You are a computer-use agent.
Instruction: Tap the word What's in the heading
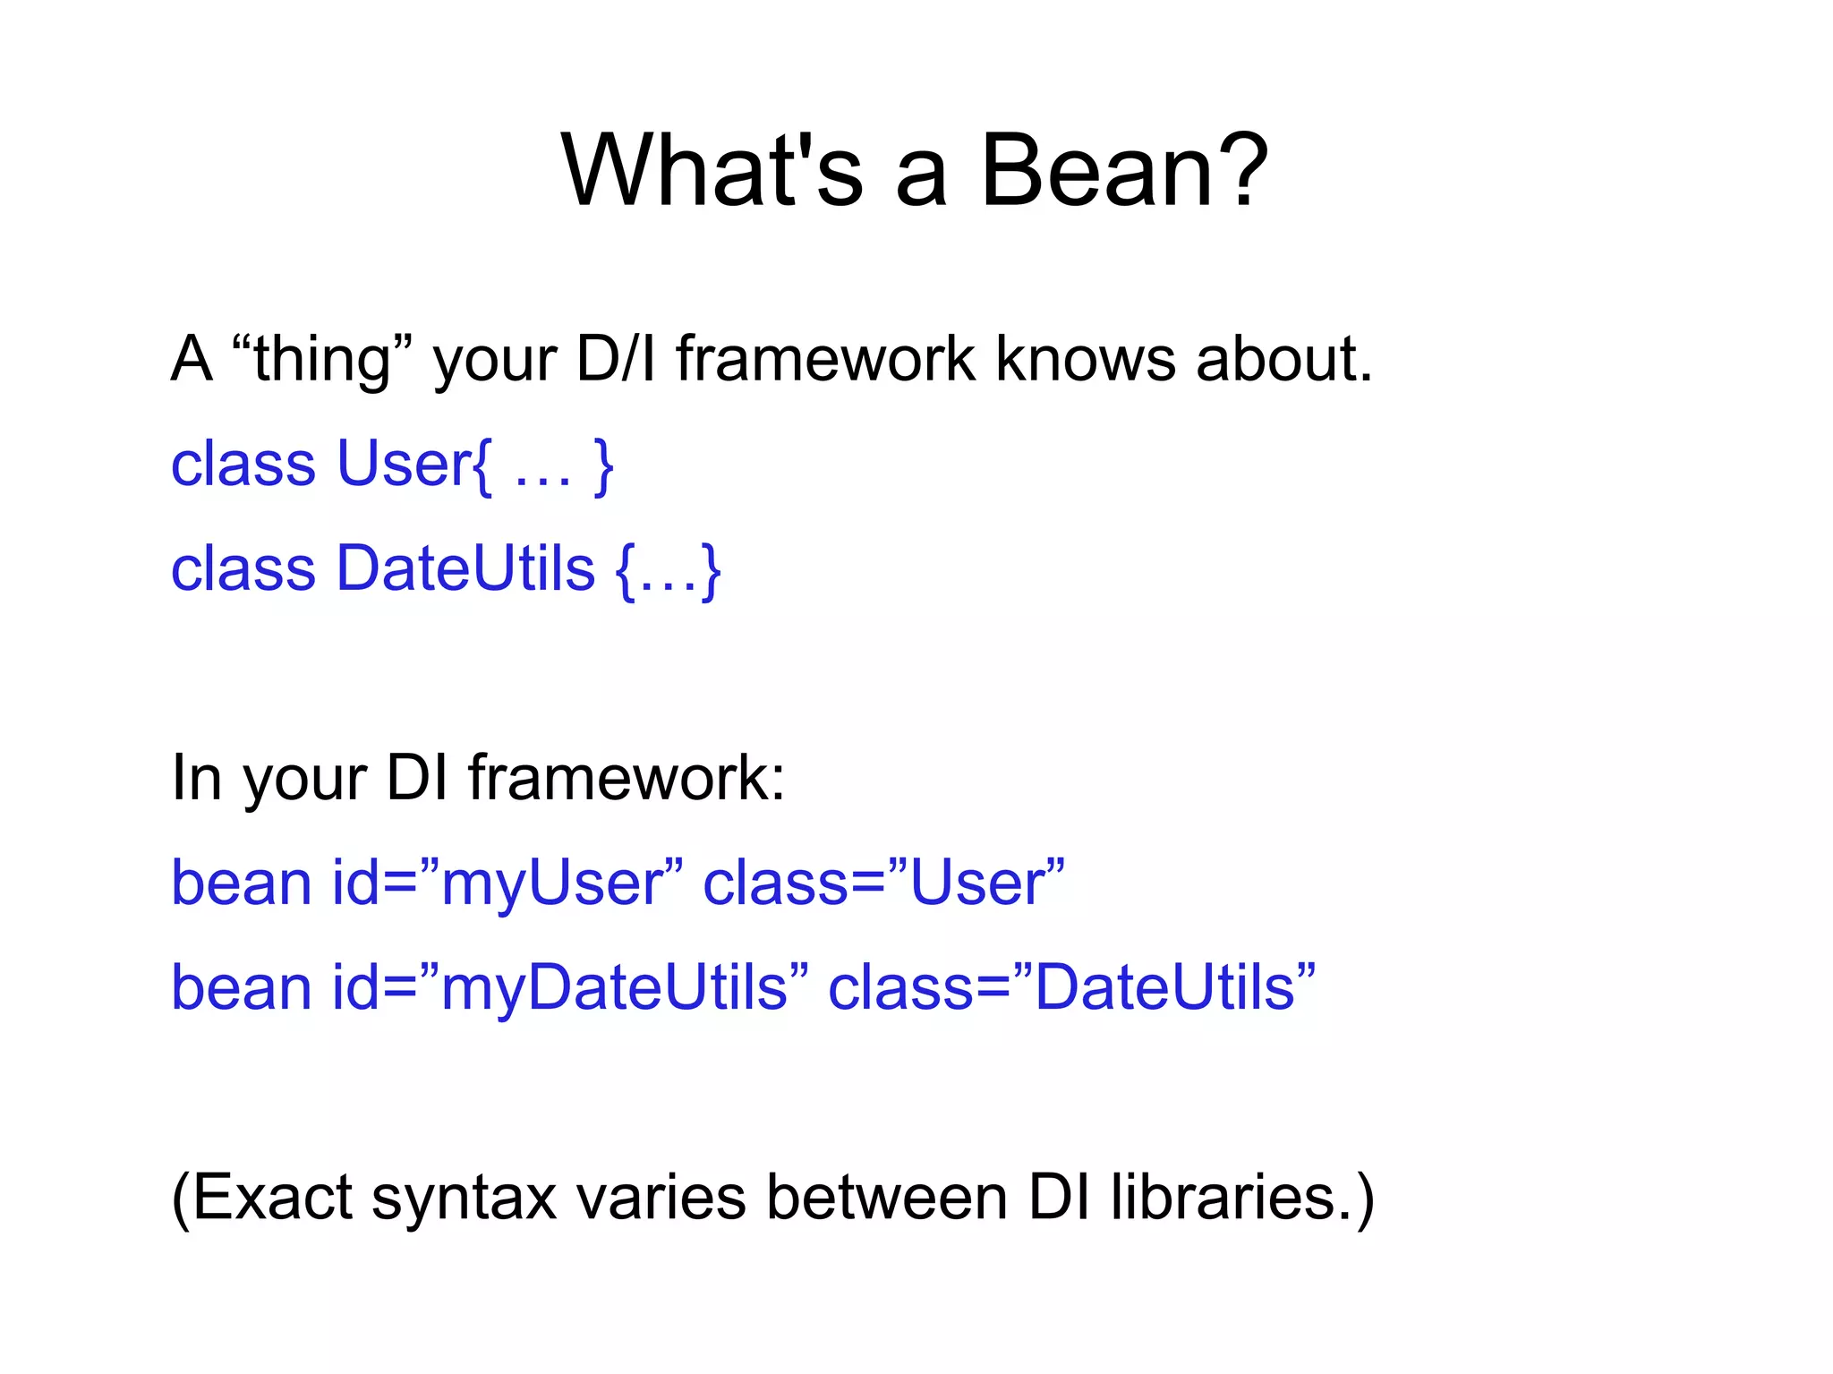tap(712, 170)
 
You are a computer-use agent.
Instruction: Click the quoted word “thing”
tap(321, 360)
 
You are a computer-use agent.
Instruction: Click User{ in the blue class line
tap(413, 465)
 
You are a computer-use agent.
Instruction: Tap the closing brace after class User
tap(604, 465)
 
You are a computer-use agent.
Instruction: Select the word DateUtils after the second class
tap(465, 569)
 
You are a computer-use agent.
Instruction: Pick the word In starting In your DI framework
tap(196, 778)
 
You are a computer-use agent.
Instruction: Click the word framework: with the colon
tap(627, 778)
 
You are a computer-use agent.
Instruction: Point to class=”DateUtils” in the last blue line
tap(1072, 988)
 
